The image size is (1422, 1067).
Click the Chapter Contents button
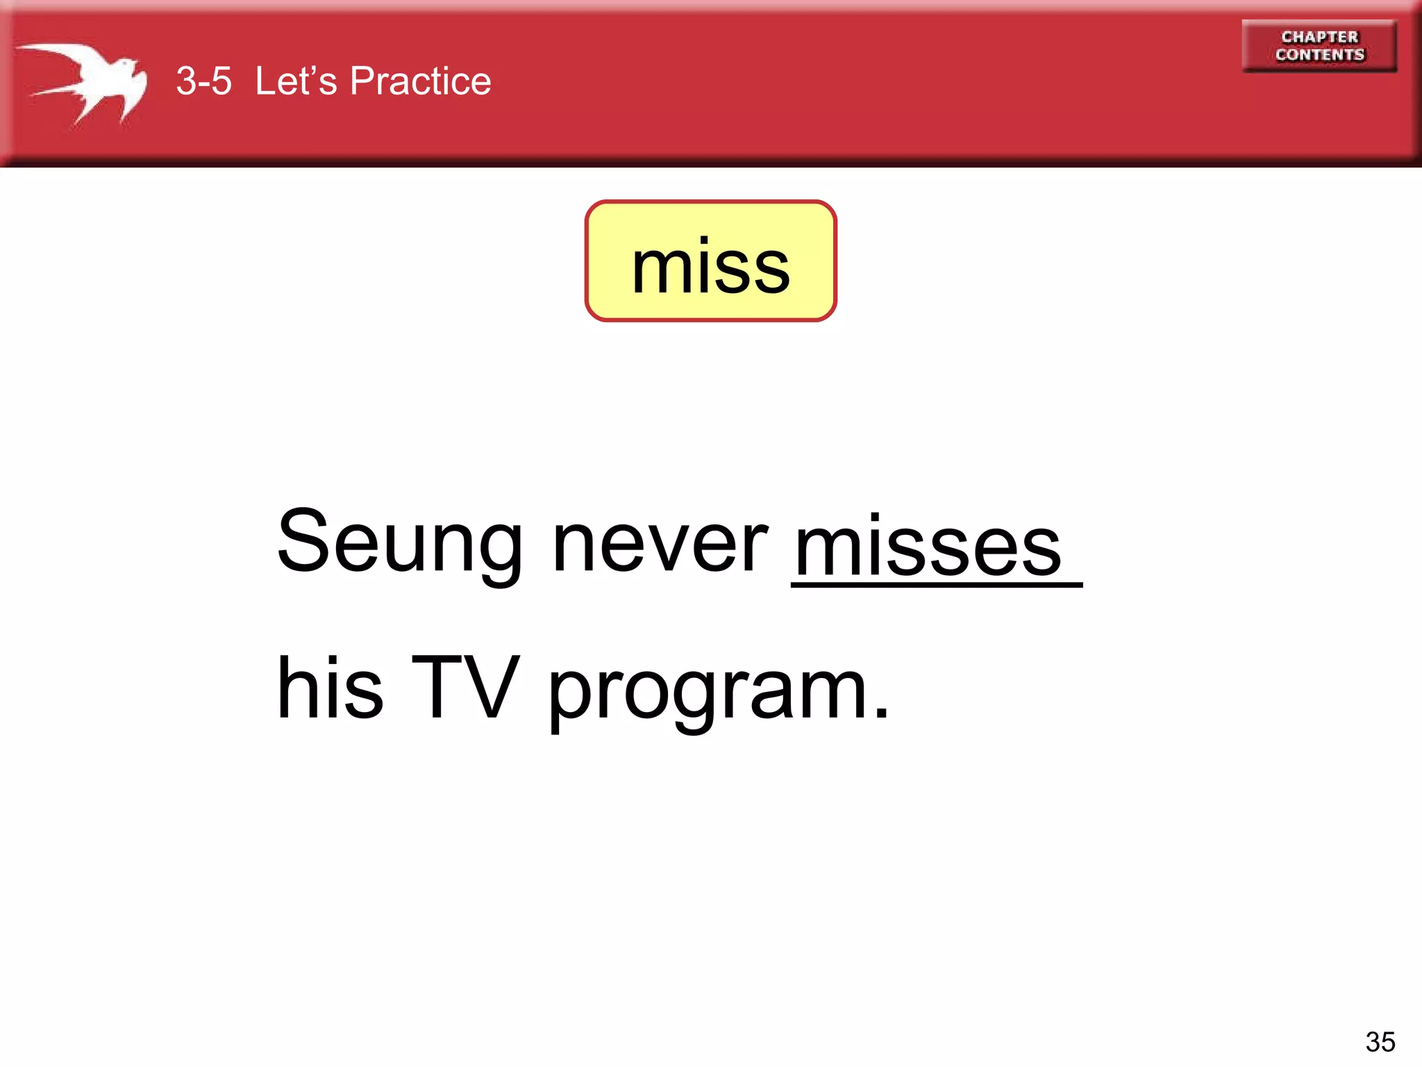(1319, 46)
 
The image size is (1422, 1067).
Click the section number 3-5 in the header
(203, 81)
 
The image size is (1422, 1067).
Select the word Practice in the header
(421, 81)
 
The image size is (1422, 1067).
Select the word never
(660, 546)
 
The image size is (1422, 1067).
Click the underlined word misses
(928, 549)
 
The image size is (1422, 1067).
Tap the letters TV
(465, 688)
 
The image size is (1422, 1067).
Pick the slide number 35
(1380, 1042)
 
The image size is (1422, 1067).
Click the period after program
(881, 713)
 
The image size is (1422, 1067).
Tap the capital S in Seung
(303, 542)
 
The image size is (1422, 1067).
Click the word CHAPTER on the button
(1319, 37)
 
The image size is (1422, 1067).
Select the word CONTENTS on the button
(1319, 55)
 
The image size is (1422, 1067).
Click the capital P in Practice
(365, 81)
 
